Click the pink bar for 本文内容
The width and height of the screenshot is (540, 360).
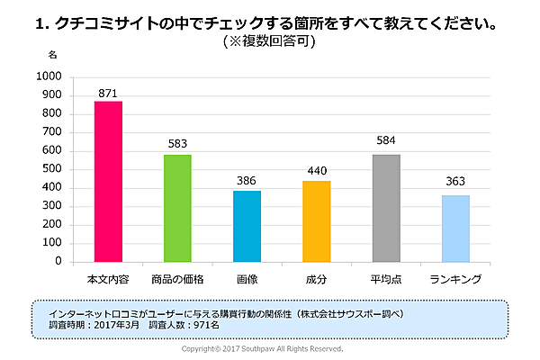coord(108,181)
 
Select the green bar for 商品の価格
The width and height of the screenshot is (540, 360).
coord(177,208)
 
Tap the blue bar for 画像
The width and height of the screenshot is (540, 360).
coord(247,226)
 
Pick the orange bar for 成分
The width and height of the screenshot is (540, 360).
coord(317,221)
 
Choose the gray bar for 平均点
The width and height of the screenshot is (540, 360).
coord(386,208)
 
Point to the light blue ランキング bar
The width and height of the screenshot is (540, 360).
coord(455,229)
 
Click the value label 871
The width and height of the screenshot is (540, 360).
coord(108,93)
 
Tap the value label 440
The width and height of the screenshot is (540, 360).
coord(317,172)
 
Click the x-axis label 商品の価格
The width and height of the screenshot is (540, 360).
coord(177,279)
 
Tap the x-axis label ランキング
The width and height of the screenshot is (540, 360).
coord(455,279)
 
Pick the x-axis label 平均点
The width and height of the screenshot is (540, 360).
coord(386,279)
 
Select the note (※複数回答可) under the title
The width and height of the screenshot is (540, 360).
coord(269,41)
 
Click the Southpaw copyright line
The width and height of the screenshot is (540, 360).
coord(262,348)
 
